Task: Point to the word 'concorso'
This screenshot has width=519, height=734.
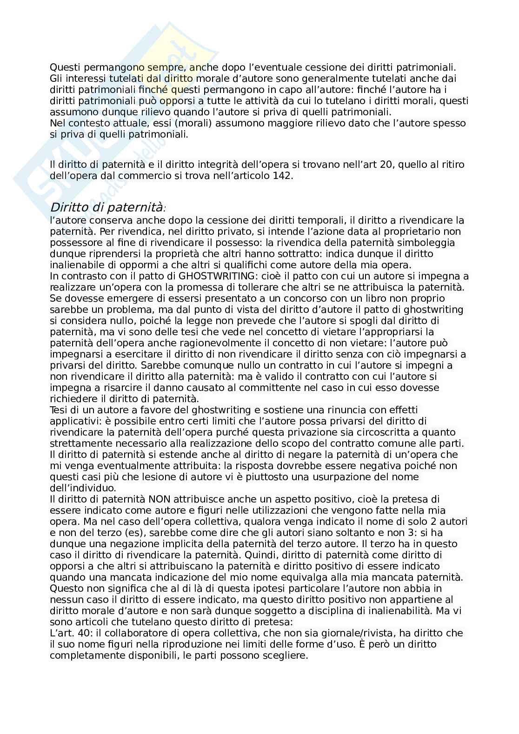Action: tap(293, 298)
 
